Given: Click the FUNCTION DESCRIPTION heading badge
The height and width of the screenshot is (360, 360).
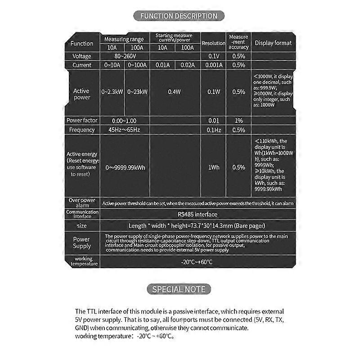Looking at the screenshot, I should [x=179, y=16].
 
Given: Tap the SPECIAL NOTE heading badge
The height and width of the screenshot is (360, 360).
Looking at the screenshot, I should [x=179, y=289].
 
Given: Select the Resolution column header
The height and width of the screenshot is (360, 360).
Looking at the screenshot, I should [x=213, y=43].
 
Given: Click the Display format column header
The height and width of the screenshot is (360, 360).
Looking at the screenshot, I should [x=273, y=43].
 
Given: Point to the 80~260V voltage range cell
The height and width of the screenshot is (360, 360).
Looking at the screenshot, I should [x=125, y=56].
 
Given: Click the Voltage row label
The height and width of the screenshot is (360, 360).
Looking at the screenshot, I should [x=81, y=56].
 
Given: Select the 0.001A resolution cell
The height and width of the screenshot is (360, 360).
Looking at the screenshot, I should [x=213, y=65].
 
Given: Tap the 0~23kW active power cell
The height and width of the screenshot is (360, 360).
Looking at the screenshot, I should [x=137, y=92].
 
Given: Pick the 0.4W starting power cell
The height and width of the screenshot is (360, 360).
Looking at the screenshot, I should [x=175, y=92].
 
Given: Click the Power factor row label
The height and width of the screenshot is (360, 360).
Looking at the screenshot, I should [x=81, y=121].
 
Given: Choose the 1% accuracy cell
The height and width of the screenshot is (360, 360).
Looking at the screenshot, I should [x=238, y=121].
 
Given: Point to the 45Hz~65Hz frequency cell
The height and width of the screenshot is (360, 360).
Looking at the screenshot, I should [x=125, y=130].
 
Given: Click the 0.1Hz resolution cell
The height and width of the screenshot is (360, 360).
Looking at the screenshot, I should [x=213, y=130].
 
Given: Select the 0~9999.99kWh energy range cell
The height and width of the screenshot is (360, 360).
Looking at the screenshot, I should [x=125, y=167].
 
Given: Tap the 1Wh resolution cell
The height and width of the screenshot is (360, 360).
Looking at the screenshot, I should [x=213, y=167].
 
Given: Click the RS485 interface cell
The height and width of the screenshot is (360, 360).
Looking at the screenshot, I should [x=197, y=215].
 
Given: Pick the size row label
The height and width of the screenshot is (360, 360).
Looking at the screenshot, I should [x=81, y=225].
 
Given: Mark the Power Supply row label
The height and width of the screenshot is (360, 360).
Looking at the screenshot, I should [x=81, y=243].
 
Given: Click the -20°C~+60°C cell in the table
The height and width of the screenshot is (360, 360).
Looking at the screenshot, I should [x=197, y=261].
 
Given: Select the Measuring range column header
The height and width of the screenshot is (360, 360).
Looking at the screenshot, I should [x=125, y=40].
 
